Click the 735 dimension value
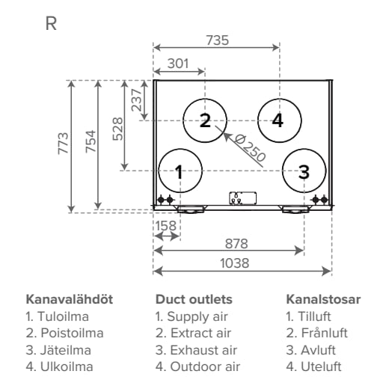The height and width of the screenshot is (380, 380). point(217,40)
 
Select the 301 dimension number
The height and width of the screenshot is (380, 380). point(178,64)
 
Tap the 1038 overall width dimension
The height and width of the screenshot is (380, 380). point(234,263)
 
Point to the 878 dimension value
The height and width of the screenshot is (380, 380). point(236,244)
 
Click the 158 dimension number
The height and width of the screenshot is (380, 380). point(166,226)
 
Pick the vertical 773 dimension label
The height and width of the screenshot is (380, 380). point(63,144)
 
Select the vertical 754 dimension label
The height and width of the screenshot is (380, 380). point(91,141)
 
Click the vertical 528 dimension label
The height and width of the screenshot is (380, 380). point(117,129)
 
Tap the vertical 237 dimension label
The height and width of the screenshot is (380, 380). point(136,100)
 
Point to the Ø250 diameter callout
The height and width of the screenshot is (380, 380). point(250,148)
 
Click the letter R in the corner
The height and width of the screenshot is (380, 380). point(51,24)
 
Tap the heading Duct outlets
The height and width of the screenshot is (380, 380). point(194,299)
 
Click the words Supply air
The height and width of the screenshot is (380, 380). point(197,317)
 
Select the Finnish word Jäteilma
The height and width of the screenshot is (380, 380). point(66,350)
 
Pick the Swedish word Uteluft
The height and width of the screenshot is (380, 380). point(321,367)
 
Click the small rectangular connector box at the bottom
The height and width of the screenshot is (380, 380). point(242,198)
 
